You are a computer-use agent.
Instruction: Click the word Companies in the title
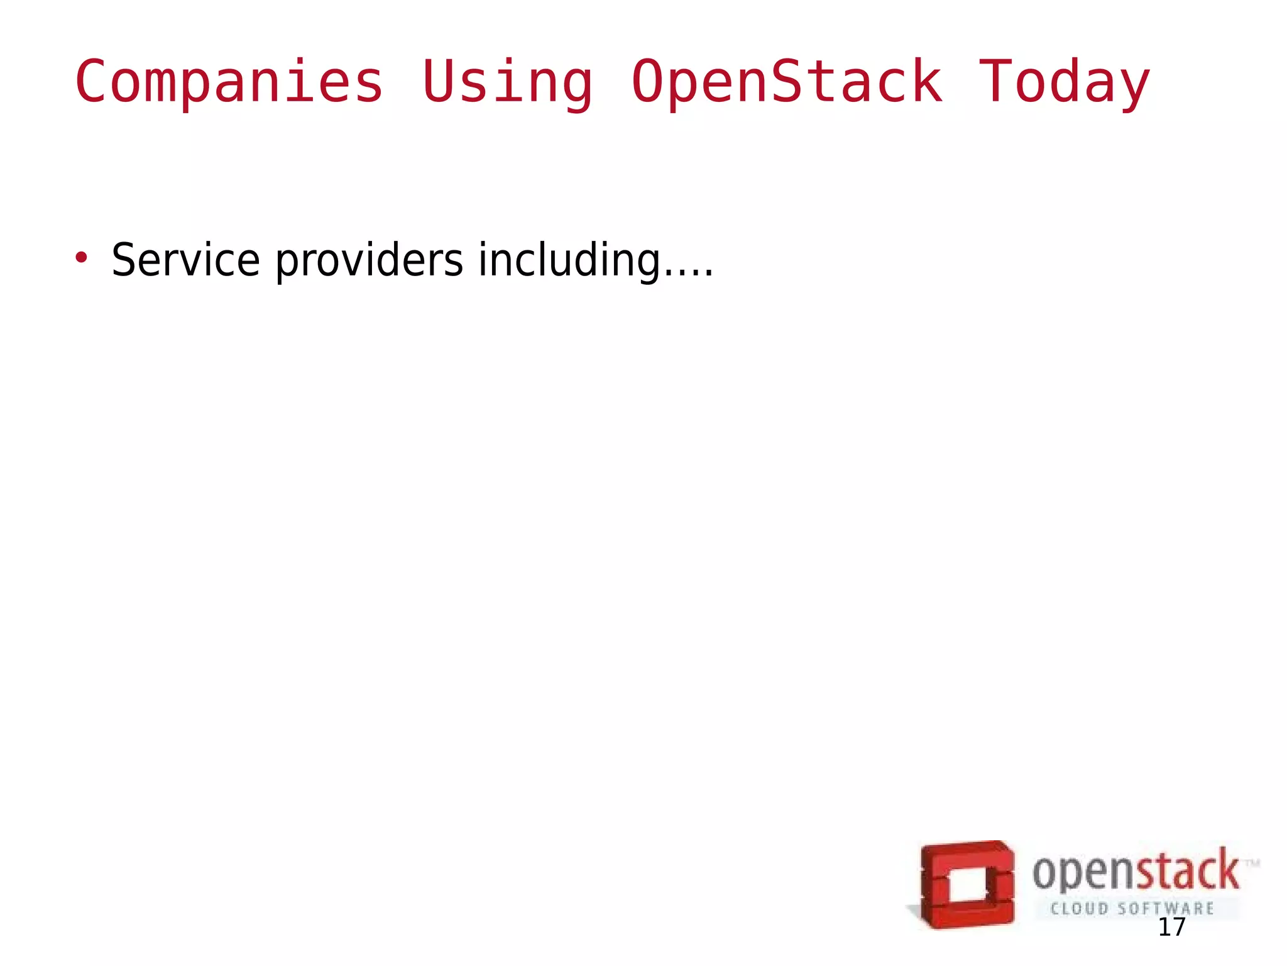tap(229, 82)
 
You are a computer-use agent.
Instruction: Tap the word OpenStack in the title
tap(787, 82)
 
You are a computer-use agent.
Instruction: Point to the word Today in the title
tap(1065, 82)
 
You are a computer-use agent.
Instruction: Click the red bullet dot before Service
tap(80, 257)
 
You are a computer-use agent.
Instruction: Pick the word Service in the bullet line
tap(185, 260)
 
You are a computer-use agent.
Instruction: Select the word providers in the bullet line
tap(370, 260)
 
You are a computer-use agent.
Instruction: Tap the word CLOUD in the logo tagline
tap(1079, 909)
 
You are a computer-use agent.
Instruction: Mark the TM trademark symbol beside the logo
tap(1252, 864)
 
